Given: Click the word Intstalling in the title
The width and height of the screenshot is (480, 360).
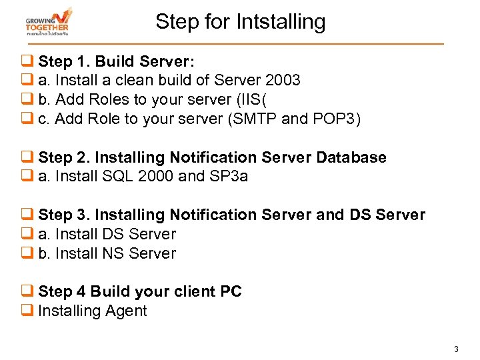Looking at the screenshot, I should tap(280, 22).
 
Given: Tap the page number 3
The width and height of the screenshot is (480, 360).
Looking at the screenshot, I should tap(456, 349).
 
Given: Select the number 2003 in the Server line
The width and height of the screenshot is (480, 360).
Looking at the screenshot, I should tap(283, 81).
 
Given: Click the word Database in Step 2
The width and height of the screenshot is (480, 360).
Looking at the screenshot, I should tap(351, 157).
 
